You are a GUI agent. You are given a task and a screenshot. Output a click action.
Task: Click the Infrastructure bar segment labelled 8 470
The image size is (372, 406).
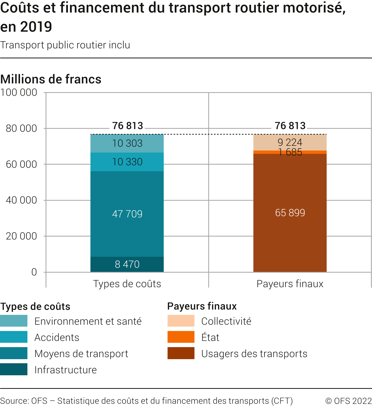click(x=127, y=264)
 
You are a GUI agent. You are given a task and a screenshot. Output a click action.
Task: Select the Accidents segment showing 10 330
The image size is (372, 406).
click(x=127, y=162)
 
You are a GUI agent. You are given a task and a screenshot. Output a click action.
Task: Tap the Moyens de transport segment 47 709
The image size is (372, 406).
click(x=127, y=214)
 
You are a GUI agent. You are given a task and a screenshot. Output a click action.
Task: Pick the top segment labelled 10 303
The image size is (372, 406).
click(x=127, y=143)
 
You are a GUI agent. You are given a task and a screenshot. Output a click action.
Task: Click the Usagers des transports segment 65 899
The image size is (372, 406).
click(x=290, y=213)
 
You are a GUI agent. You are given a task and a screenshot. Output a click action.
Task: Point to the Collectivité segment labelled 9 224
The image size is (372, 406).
click(x=290, y=142)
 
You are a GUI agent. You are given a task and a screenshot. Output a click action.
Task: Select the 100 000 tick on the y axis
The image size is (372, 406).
click(x=19, y=92)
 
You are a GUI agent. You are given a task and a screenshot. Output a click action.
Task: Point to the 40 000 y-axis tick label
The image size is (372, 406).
click(x=21, y=200)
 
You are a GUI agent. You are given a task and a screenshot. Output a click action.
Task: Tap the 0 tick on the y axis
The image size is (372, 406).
click(x=34, y=272)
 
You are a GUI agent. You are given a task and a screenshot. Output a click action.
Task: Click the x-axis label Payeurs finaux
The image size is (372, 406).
click(x=290, y=284)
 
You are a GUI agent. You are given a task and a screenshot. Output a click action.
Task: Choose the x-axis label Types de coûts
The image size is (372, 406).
click(x=127, y=284)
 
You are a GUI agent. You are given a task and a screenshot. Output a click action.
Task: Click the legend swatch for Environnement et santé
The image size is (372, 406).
click(x=14, y=321)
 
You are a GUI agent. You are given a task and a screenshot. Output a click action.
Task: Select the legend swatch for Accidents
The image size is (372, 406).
click(x=14, y=337)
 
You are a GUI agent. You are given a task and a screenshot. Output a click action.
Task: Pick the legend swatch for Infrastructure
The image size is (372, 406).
click(x=14, y=369)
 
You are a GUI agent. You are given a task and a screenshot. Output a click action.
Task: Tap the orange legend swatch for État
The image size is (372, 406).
click(x=181, y=337)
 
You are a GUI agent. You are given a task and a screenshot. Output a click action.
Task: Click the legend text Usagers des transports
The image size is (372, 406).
click(x=254, y=354)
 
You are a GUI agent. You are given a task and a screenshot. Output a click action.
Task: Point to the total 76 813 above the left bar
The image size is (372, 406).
click(x=128, y=126)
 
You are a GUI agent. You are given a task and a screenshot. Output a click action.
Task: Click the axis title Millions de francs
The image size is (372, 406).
click(x=51, y=79)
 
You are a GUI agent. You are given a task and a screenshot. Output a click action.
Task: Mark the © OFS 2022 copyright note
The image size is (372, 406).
click(x=348, y=401)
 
